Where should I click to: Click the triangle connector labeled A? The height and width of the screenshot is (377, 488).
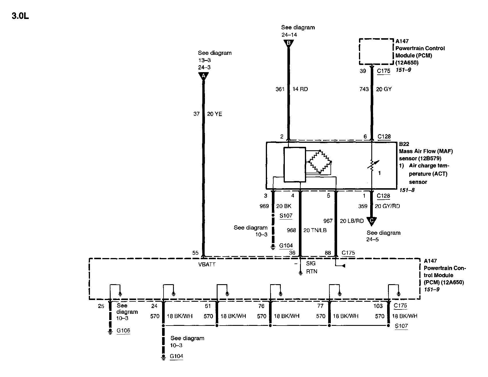point(203,76)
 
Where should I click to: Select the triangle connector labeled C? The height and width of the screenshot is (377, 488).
point(372,221)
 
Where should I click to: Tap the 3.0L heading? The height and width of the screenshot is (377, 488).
point(20,16)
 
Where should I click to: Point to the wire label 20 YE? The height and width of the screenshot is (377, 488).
point(214,114)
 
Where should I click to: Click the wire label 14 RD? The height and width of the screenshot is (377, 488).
point(300,89)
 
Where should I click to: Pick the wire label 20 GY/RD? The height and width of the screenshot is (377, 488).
point(387,206)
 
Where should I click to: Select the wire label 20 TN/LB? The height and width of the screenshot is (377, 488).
point(315,230)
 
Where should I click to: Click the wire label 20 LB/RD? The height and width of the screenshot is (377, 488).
point(352,221)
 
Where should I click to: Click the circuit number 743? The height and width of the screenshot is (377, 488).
point(364,89)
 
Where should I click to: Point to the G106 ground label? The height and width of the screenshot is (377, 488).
point(123,330)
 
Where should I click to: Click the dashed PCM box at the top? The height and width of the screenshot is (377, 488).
point(376,52)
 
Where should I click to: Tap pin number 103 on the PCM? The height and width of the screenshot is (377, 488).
point(378,306)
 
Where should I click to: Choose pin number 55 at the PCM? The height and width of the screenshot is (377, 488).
point(195,253)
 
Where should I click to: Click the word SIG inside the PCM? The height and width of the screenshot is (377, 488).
point(311,263)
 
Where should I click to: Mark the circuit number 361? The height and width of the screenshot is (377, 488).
point(280,89)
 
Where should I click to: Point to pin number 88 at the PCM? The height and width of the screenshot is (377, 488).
point(328,253)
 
